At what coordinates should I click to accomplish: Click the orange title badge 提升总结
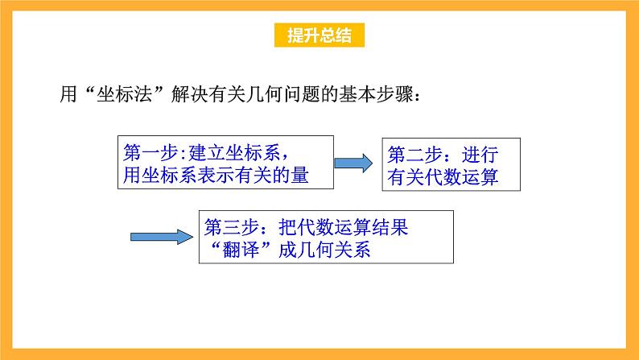click(x=319, y=36)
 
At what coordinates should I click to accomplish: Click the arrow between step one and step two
click(x=352, y=163)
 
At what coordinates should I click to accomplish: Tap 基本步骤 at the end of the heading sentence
click(x=383, y=93)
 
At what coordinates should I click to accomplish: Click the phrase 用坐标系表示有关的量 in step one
click(x=215, y=174)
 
